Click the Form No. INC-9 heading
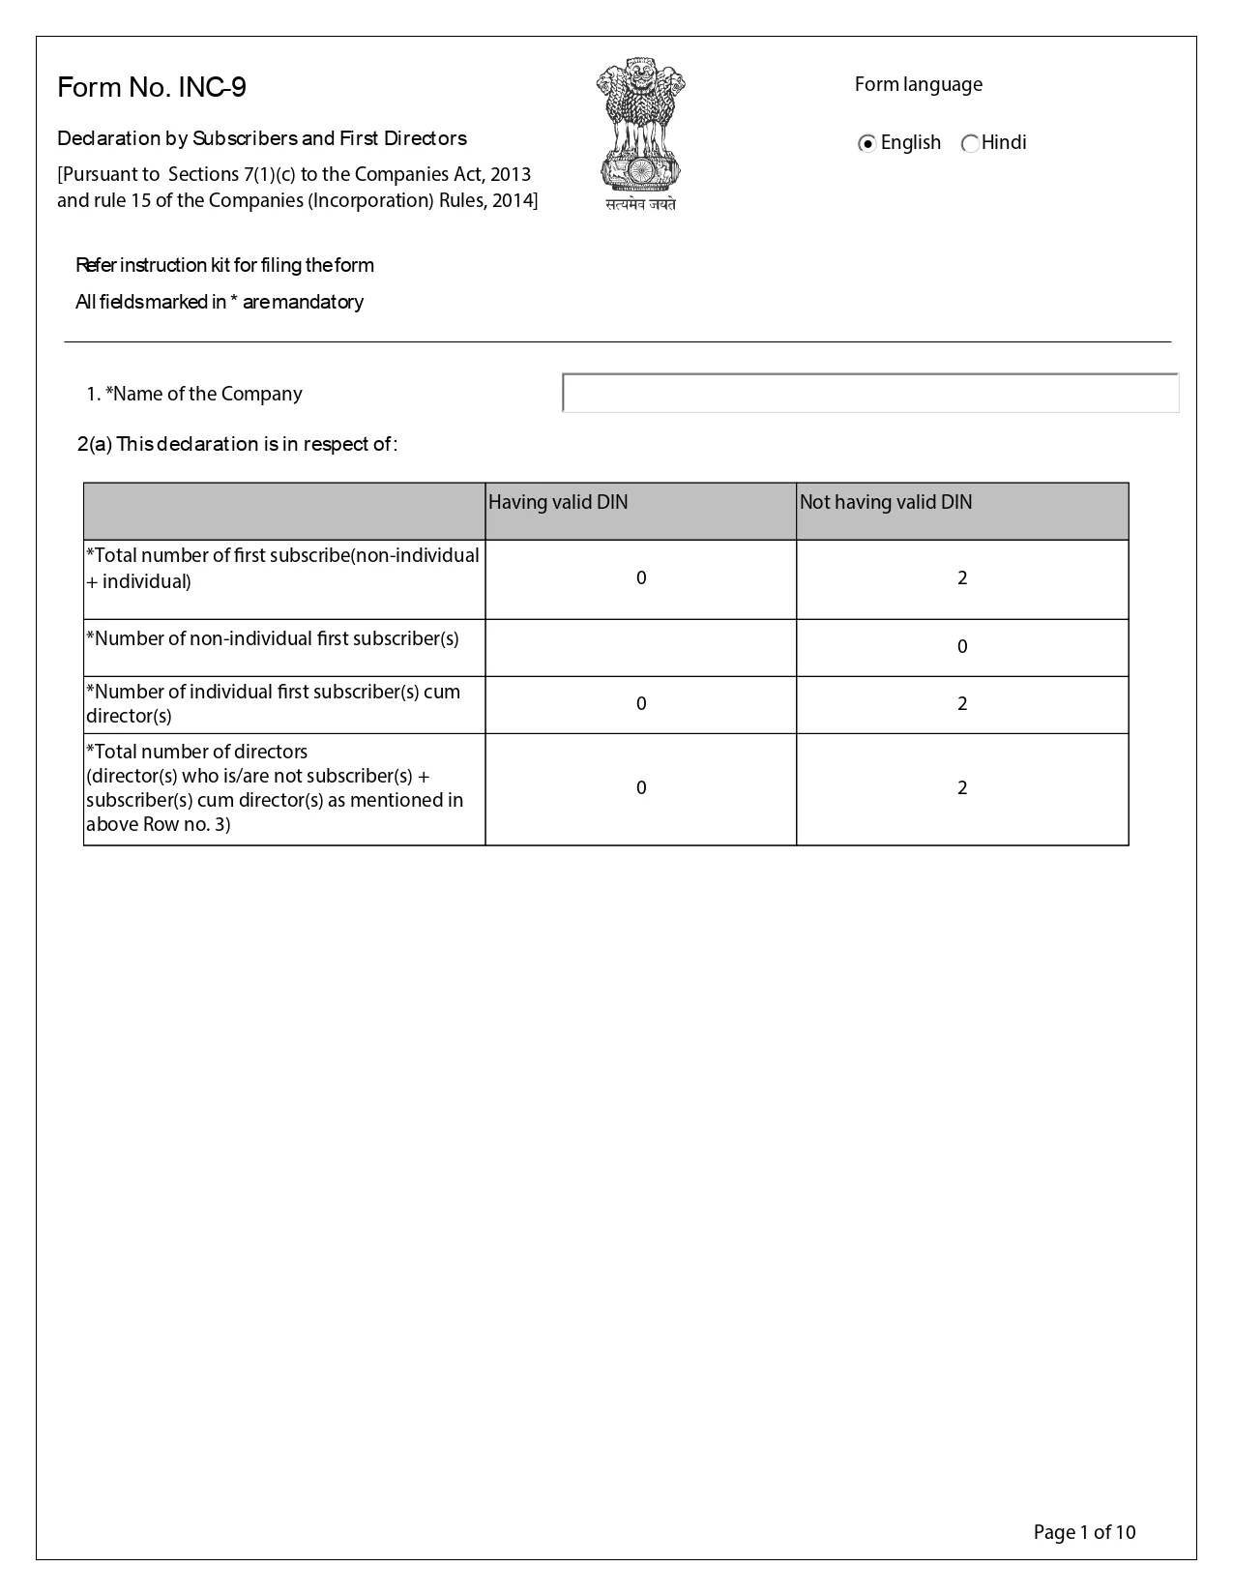click(152, 88)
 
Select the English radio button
click(867, 144)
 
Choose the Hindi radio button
click(970, 144)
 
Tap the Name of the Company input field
click(870, 394)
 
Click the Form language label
click(918, 84)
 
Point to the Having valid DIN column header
click(558, 502)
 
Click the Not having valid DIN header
click(886, 502)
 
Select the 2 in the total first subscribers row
click(962, 578)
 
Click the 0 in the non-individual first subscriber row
click(962, 647)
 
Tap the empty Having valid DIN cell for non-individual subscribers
click(640, 647)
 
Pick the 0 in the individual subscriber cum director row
click(641, 704)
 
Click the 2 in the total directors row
click(962, 788)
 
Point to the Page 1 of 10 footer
click(1084, 1532)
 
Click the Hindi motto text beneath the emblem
click(640, 204)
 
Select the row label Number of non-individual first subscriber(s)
click(273, 638)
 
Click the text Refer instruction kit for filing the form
click(224, 265)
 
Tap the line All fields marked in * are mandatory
click(220, 302)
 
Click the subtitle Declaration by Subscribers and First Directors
click(262, 138)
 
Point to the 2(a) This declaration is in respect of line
click(237, 444)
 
